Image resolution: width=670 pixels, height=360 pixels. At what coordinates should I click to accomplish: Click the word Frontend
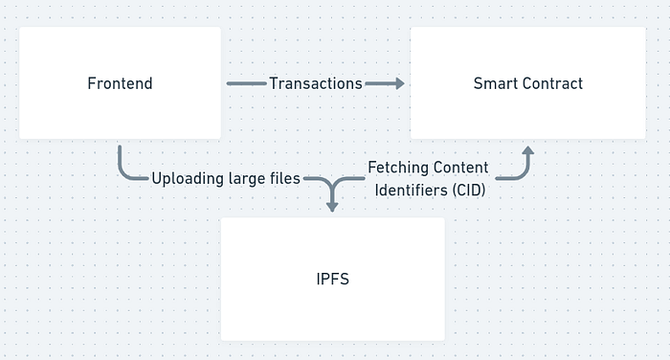point(120,83)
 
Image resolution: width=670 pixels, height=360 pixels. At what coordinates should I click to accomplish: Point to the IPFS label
point(333,280)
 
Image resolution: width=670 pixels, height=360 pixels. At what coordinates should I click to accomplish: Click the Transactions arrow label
point(316,83)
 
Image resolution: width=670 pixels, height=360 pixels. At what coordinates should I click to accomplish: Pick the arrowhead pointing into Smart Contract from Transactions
point(400,83)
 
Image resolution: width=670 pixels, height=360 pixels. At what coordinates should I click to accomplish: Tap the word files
point(284,178)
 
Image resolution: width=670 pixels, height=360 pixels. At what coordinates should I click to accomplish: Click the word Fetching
point(394,168)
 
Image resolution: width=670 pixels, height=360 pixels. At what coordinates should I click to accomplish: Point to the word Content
point(457,168)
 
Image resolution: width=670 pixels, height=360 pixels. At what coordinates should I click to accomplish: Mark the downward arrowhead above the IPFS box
point(332,207)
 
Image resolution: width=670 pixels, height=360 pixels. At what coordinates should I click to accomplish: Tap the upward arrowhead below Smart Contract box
point(528,150)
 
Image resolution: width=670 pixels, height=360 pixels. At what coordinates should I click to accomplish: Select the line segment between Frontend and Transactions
point(247,83)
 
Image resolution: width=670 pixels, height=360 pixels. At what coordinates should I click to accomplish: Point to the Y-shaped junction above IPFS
point(332,185)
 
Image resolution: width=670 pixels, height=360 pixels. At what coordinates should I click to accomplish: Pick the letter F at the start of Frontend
point(91,83)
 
